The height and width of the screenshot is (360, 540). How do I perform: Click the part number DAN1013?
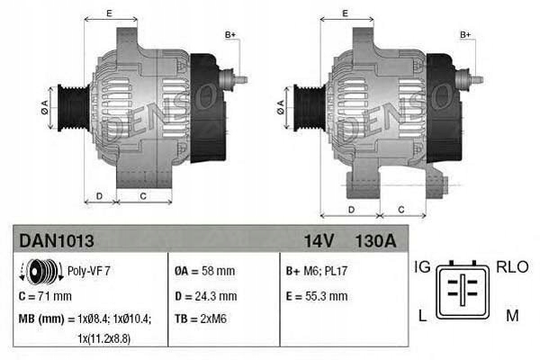[x=56, y=240]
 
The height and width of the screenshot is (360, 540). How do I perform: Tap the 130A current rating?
[x=375, y=240]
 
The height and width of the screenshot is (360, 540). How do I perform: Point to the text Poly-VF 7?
[x=89, y=269]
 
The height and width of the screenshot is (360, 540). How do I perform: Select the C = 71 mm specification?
[x=44, y=295]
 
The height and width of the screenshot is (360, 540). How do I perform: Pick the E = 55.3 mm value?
[x=316, y=295]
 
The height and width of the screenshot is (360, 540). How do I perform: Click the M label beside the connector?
[x=510, y=314]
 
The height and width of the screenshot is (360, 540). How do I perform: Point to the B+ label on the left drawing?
[x=230, y=34]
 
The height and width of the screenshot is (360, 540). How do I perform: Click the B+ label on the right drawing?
[x=466, y=34]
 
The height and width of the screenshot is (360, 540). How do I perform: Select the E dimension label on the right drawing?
[x=346, y=13]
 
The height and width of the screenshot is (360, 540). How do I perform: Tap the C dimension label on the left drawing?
[x=143, y=195]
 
